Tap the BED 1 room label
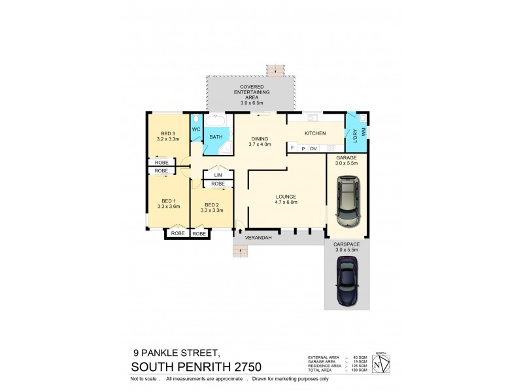(168, 201)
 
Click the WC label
(195, 129)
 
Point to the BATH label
(215, 137)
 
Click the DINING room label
(260, 139)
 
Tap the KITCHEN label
(315, 133)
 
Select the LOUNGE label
(286, 196)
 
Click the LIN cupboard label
(218, 175)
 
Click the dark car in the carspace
(346, 280)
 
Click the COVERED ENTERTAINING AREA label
(252, 91)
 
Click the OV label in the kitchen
(313, 149)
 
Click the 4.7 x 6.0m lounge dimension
(286, 202)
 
